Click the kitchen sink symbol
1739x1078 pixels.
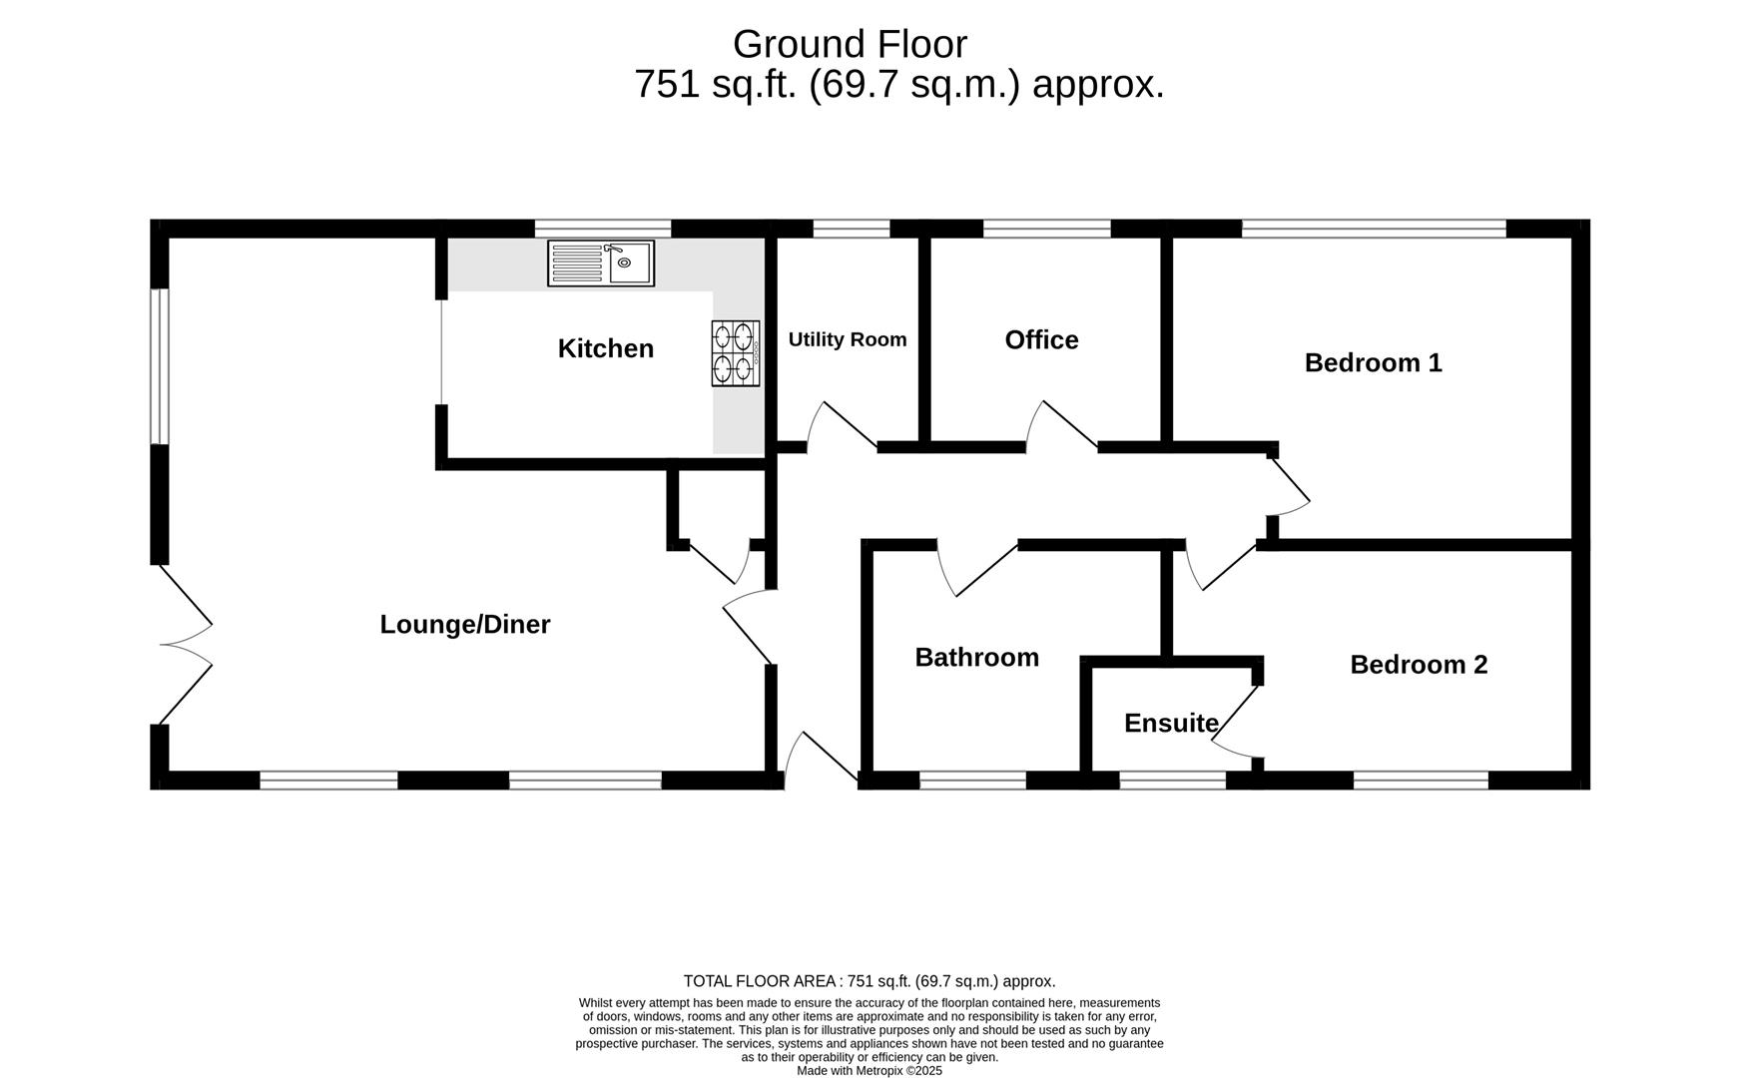[x=600, y=264]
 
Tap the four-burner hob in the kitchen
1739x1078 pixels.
[x=735, y=353]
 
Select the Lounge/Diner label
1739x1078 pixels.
[x=465, y=625]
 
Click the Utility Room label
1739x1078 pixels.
[x=848, y=339]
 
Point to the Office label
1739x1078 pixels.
[x=1041, y=340]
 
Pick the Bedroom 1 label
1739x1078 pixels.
[x=1373, y=363]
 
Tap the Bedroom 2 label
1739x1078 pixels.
[x=1419, y=665]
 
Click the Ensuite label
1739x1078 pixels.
[x=1171, y=724]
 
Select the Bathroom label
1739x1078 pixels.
[x=976, y=658]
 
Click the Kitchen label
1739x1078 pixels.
[x=606, y=349]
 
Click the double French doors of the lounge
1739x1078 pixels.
[x=186, y=645]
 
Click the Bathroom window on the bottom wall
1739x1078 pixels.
[x=972, y=781]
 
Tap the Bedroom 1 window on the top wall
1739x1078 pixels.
[x=1374, y=229]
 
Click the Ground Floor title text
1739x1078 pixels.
[x=850, y=45]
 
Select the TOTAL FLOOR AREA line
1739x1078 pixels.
[x=869, y=981]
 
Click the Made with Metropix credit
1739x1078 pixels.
[x=869, y=1070]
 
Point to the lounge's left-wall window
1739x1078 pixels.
[x=160, y=366]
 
